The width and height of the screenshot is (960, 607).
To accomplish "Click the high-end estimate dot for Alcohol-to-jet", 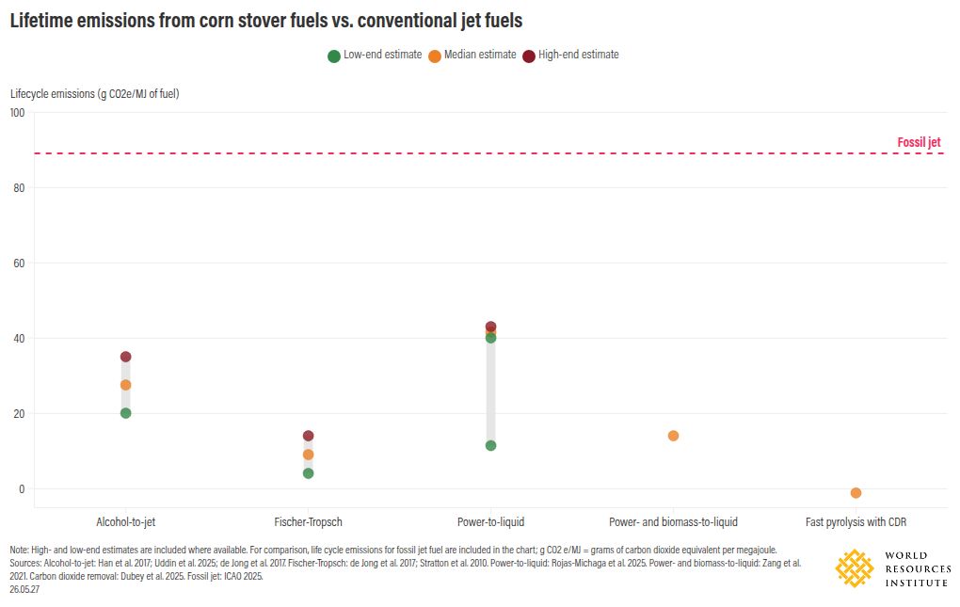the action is point(125,357).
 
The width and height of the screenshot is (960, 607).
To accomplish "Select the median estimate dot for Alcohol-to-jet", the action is point(125,385).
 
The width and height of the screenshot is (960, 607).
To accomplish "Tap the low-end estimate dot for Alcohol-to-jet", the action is point(125,413).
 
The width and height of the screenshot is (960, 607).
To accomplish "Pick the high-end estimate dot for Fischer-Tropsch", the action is point(308,436).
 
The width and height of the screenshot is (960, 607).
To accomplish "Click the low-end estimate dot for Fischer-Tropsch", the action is point(308,473).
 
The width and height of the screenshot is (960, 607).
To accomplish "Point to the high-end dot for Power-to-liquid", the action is point(490,327).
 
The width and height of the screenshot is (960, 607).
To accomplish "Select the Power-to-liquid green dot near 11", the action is point(490,445).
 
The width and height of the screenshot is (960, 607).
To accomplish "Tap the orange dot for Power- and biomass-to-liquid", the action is point(673,436).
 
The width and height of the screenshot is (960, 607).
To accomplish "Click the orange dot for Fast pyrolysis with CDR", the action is point(856,492).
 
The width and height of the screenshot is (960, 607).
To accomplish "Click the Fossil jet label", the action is point(919,142).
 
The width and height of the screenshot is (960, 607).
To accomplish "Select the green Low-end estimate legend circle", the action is point(334,56).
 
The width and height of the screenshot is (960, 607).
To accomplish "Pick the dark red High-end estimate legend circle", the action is point(529,56).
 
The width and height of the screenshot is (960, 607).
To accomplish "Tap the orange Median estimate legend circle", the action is point(435,56).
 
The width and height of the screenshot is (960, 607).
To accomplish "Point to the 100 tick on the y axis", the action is point(17,113).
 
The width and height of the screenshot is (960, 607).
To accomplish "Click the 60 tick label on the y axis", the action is point(19,264).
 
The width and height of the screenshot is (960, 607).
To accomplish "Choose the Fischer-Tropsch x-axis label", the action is point(308,522).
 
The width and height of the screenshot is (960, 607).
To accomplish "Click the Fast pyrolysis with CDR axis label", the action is point(856,522).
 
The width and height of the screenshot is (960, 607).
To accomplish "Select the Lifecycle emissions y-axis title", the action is point(95,93).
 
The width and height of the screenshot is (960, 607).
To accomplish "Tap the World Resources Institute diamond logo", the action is point(855,568).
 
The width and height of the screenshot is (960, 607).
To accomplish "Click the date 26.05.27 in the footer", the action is point(24,589).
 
